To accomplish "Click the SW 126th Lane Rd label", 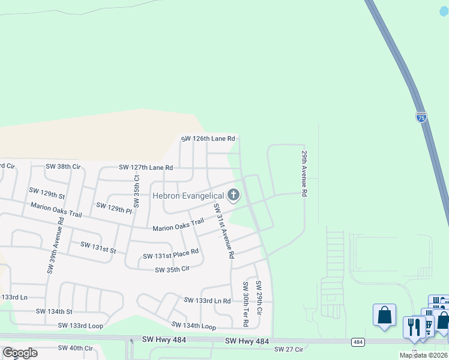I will point(208,139).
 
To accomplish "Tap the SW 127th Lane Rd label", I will point(146,167).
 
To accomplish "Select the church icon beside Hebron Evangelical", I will point(233,194).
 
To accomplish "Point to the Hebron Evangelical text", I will point(187,196).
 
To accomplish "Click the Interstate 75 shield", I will point(421,118).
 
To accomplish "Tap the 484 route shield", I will point(358,342).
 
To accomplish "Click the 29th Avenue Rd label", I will point(304,174).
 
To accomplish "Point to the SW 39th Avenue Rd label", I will point(54,247).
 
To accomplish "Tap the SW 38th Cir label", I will point(63,166).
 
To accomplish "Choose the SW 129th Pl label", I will point(113,208).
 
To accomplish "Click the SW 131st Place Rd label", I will point(170,254).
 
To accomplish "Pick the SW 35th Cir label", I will point(173,269).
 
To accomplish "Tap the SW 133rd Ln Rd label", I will point(207,300).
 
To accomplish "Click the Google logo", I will point(20,353).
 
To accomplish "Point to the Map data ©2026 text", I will point(424,355).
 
